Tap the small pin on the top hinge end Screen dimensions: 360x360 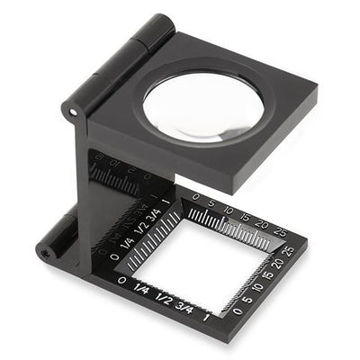coord(73,111)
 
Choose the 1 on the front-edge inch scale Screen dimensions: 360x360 coord(209,316)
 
